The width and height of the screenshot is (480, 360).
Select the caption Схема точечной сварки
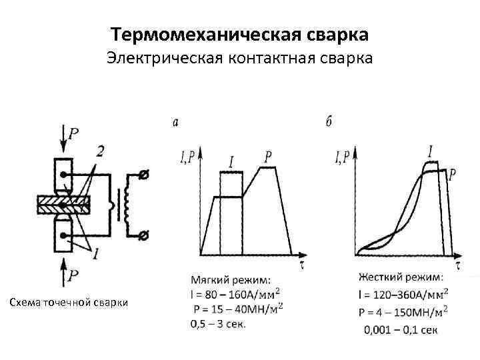[x=68, y=303]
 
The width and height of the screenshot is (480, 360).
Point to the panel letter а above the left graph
[x=175, y=122]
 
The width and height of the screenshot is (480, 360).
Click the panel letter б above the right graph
[x=330, y=122]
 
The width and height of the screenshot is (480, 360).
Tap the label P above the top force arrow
[x=73, y=133]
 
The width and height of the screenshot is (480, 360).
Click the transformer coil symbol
[x=125, y=205]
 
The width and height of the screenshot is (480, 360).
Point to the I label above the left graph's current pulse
[x=231, y=161]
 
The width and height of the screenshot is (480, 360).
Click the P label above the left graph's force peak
[x=268, y=157]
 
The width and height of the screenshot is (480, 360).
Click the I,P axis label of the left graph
[x=187, y=158]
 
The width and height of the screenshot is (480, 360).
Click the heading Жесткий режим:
[x=400, y=277]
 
